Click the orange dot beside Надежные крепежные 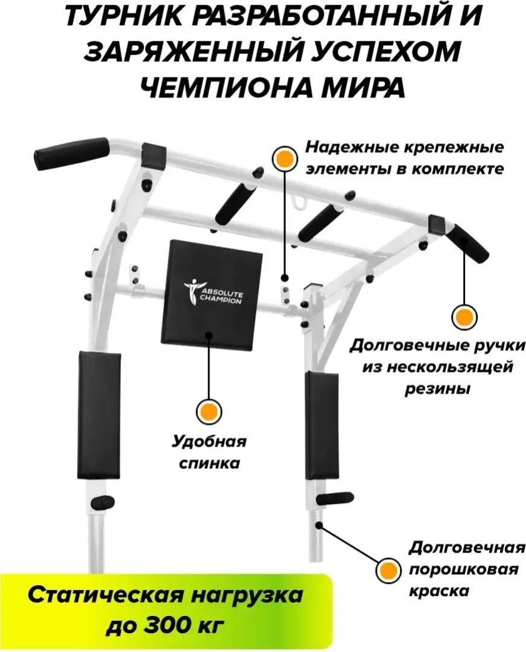click(x=285, y=158)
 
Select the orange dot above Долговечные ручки click(x=464, y=316)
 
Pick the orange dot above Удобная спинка click(x=209, y=412)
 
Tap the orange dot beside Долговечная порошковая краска click(x=389, y=569)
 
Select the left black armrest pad click(x=100, y=415)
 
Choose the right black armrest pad click(x=321, y=425)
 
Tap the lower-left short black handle click(x=101, y=501)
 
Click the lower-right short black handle click(x=335, y=498)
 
